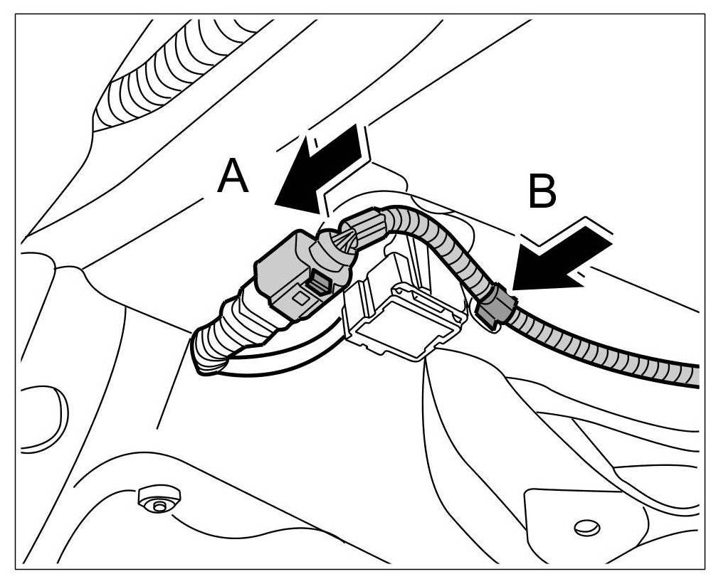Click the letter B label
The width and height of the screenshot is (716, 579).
(542, 188)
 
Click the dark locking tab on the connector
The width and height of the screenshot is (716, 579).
(317, 285)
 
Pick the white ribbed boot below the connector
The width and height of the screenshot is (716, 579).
(235, 334)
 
